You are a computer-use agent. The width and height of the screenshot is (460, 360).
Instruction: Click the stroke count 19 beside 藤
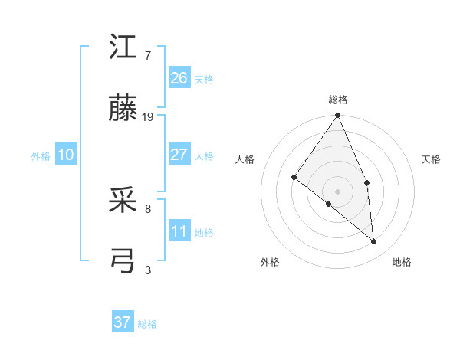[x=148, y=117]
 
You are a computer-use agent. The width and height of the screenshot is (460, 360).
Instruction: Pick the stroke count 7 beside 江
[x=148, y=56]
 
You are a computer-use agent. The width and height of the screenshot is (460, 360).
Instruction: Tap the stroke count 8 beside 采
[x=148, y=208]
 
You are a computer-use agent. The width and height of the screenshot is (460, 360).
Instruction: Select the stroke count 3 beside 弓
[x=148, y=270]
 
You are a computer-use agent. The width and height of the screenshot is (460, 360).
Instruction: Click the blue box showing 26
[x=179, y=77]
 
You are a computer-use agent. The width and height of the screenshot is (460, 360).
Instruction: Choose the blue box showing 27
[x=179, y=155]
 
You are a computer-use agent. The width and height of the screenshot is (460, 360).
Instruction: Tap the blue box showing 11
[x=179, y=231]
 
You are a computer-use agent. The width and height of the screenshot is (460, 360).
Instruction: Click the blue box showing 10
[x=66, y=155]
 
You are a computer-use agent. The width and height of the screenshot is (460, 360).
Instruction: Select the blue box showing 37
[x=123, y=322]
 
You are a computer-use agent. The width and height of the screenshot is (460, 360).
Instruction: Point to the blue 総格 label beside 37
[x=147, y=324]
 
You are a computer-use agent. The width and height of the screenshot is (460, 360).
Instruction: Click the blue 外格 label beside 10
[x=41, y=156]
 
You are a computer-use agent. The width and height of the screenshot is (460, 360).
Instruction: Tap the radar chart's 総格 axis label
[x=338, y=100]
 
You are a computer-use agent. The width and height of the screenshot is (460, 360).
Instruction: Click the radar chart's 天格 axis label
[x=432, y=159]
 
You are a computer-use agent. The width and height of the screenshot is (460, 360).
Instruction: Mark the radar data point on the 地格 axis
[x=373, y=241]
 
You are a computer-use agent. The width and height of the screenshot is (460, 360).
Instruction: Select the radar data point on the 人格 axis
[x=294, y=177]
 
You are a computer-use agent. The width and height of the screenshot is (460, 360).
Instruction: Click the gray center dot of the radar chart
[x=338, y=191]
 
